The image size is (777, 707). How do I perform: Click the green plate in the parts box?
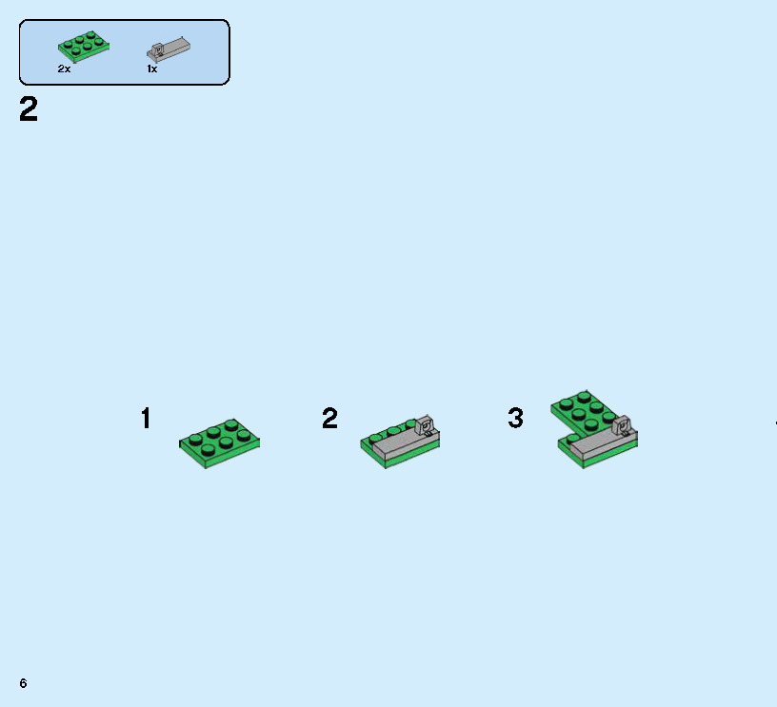point(83,45)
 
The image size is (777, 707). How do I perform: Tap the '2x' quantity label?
point(64,69)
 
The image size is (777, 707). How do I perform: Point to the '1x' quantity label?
point(151,69)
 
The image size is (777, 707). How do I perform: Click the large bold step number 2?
point(29,110)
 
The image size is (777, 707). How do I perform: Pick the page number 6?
point(22,683)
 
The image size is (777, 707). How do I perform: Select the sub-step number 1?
point(146,419)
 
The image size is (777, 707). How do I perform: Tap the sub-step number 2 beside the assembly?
point(329,419)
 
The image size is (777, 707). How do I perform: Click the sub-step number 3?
point(515,419)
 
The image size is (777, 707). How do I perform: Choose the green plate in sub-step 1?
point(220,442)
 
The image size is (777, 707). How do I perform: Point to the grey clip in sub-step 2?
point(426,424)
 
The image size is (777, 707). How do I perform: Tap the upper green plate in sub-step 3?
point(581,410)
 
